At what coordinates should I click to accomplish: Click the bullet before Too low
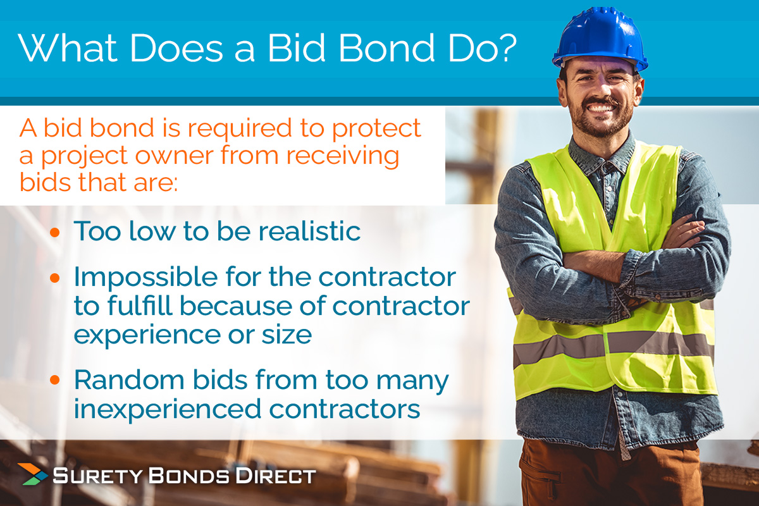pyautogui.click(x=55, y=232)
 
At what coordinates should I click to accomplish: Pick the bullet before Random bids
pyautogui.click(x=55, y=382)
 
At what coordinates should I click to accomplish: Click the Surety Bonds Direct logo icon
pyautogui.click(x=32, y=474)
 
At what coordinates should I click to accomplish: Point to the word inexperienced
pyautogui.click(x=165, y=409)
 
